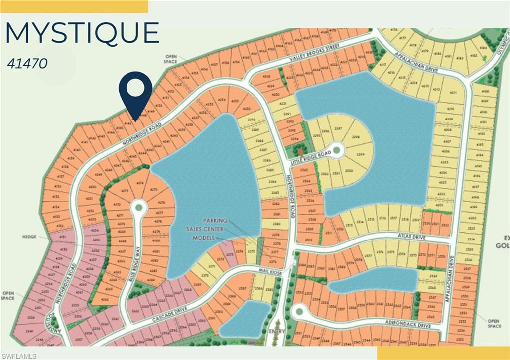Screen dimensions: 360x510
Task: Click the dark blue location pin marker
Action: coord(135,90)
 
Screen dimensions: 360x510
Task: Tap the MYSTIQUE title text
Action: coord(82,33)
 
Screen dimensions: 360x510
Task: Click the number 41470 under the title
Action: coord(27,64)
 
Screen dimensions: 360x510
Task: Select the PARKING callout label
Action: coord(215,220)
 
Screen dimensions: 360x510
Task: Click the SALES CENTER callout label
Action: coord(205,229)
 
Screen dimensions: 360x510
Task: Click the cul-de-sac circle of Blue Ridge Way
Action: coord(139,205)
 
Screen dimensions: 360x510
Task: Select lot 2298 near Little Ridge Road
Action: coord(355,137)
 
